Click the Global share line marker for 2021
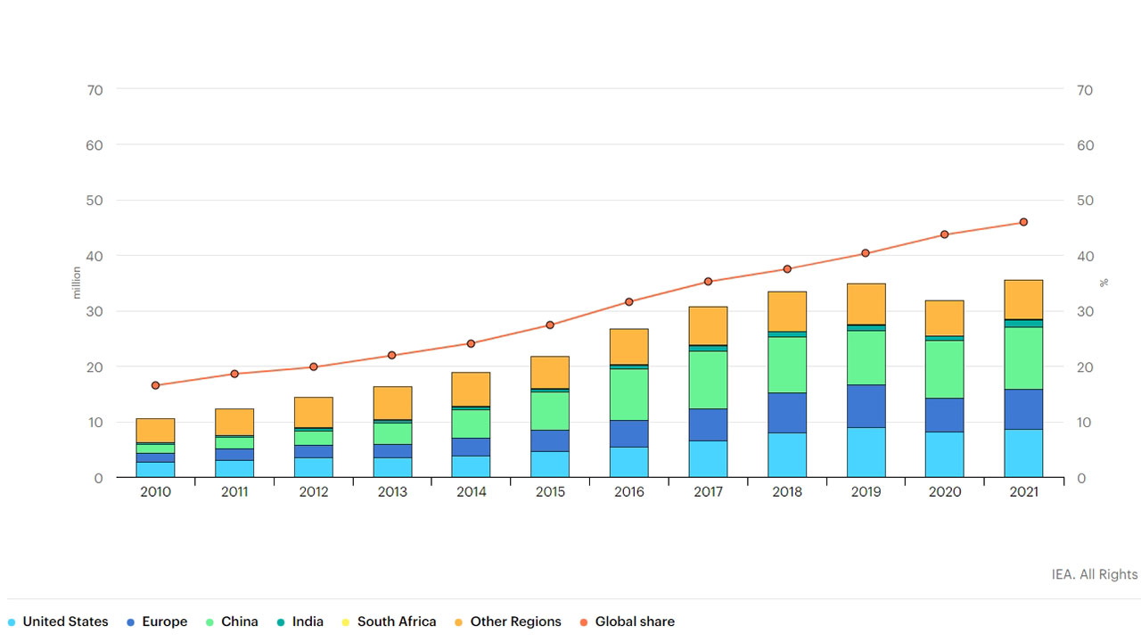(1023, 222)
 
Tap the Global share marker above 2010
(155, 385)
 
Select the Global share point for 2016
(629, 302)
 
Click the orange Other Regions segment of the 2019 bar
(866, 304)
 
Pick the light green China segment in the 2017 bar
(708, 380)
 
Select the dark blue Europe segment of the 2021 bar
(1023, 409)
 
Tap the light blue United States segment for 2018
(787, 455)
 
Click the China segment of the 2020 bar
(944, 369)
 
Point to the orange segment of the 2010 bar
(155, 431)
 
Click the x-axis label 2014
(472, 491)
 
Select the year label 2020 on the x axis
(944, 491)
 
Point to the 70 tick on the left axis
(94, 90)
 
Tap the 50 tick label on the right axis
(1085, 201)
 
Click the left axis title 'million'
(77, 283)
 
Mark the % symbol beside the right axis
(1104, 283)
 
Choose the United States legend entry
(58, 621)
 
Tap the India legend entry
(300, 621)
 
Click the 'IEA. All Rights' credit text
(1095, 574)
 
